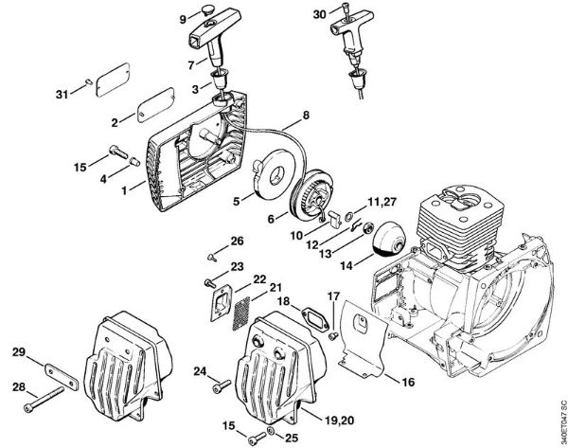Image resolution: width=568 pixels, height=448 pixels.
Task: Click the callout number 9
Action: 184,18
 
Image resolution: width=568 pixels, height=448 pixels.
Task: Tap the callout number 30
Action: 319,13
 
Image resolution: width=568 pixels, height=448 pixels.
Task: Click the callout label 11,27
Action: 382,201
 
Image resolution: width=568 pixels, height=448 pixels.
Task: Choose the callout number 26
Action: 237,240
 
